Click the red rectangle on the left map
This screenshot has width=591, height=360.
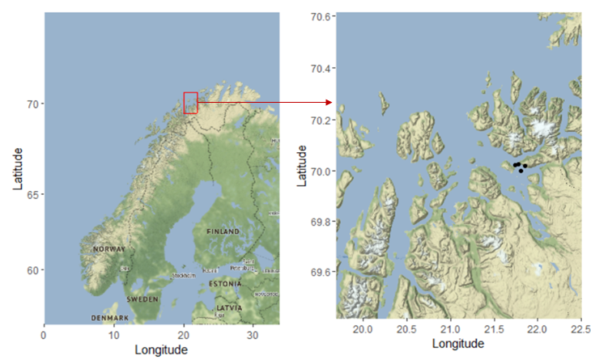click(x=190, y=103)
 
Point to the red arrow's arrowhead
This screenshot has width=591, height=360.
click(x=329, y=102)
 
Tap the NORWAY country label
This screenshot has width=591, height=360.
click(x=109, y=249)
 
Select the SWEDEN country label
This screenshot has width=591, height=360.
click(x=142, y=299)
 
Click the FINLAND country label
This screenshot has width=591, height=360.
click(x=223, y=231)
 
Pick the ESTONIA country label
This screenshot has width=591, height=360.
click(x=224, y=284)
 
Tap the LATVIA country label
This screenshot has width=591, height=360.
click(x=229, y=308)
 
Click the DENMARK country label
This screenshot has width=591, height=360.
click(x=109, y=318)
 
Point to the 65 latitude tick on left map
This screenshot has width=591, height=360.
click(x=31, y=195)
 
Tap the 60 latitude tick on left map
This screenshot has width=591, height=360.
click(x=31, y=270)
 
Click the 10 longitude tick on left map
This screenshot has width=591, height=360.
click(x=113, y=333)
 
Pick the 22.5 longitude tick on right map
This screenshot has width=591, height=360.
click(x=580, y=330)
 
